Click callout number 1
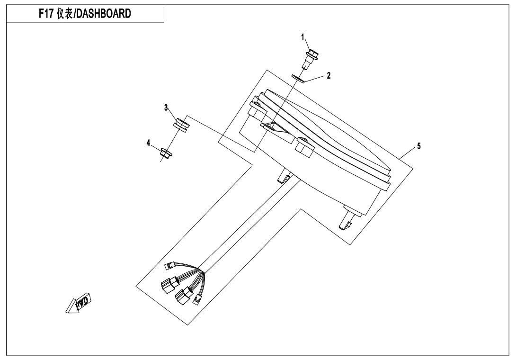point(303,37)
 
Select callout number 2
point(329,75)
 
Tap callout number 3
point(166,108)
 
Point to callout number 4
point(149,143)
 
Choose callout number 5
point(418,146)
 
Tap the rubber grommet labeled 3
point(182,125)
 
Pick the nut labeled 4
point(165,153)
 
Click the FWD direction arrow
point(78,303)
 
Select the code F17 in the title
point(46,14)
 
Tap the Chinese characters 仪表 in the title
point(64,14)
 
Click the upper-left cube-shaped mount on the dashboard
point(258,108)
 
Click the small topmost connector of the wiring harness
point(170,265)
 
